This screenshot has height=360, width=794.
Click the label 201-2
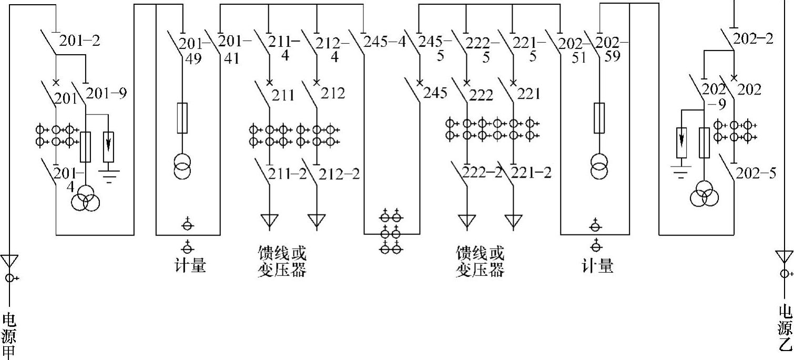click(x=79, y=40)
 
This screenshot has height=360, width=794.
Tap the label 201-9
click(x=106, y=94)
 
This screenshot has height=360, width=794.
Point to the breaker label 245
click(x=435, y=93)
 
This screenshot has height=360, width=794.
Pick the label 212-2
click(x=340, y=173)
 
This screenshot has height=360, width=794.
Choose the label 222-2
click(x=483, y=172)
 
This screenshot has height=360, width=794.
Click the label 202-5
click(x=756, y=172)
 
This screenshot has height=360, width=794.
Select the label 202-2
click(x=754, y=38)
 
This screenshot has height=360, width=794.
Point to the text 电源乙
click(x=785, y=328)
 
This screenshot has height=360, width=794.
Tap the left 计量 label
click(x=190, y=266)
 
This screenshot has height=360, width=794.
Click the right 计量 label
click(x=597, y=266)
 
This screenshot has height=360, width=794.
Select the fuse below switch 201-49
click(x=181, y=118)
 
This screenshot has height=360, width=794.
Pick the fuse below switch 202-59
click(x=598, y=118)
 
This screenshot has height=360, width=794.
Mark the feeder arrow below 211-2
click(x=269, y=221)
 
